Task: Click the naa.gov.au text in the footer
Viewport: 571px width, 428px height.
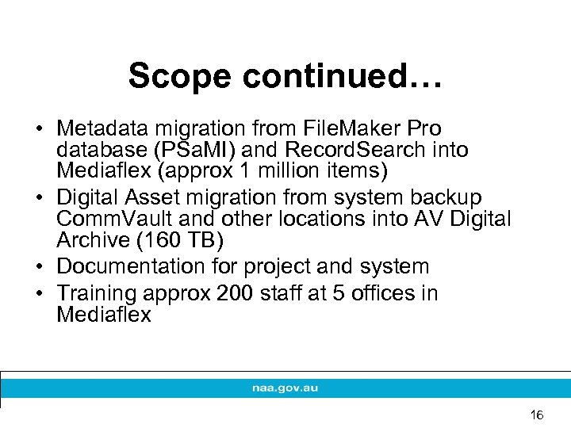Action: [x=285, y=389]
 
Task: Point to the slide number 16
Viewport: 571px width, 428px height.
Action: [x=537, y=415]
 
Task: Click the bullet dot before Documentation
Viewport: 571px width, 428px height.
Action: [x=38, y=267]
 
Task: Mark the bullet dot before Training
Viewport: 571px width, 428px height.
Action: [x=38, y=294]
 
